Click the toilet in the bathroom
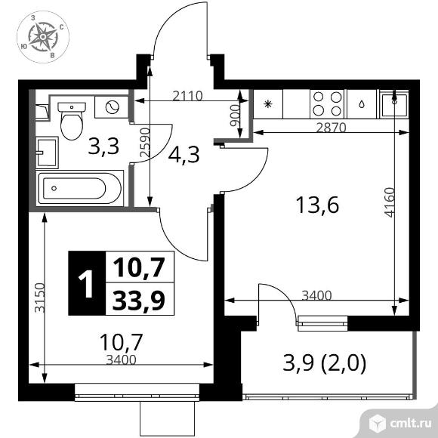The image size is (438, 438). (72, 121)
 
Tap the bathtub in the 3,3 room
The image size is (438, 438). (79, 188)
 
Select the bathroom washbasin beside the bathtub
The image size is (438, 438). (48, 153)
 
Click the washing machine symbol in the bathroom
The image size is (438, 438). (113, 106)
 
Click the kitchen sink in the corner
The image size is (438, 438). (393, 104)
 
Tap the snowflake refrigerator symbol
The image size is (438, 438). (267, 104)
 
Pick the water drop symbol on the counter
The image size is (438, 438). (362, 104)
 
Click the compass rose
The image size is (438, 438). (43, 37)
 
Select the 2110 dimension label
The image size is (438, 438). (187, 96)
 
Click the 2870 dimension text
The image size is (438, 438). (332, 128)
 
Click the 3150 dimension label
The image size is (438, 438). (40, 298)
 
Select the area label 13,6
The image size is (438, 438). (317, 205)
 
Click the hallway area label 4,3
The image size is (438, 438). (184, 155)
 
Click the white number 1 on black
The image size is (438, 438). (86, 285)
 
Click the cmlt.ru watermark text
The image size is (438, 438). (410, 424)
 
